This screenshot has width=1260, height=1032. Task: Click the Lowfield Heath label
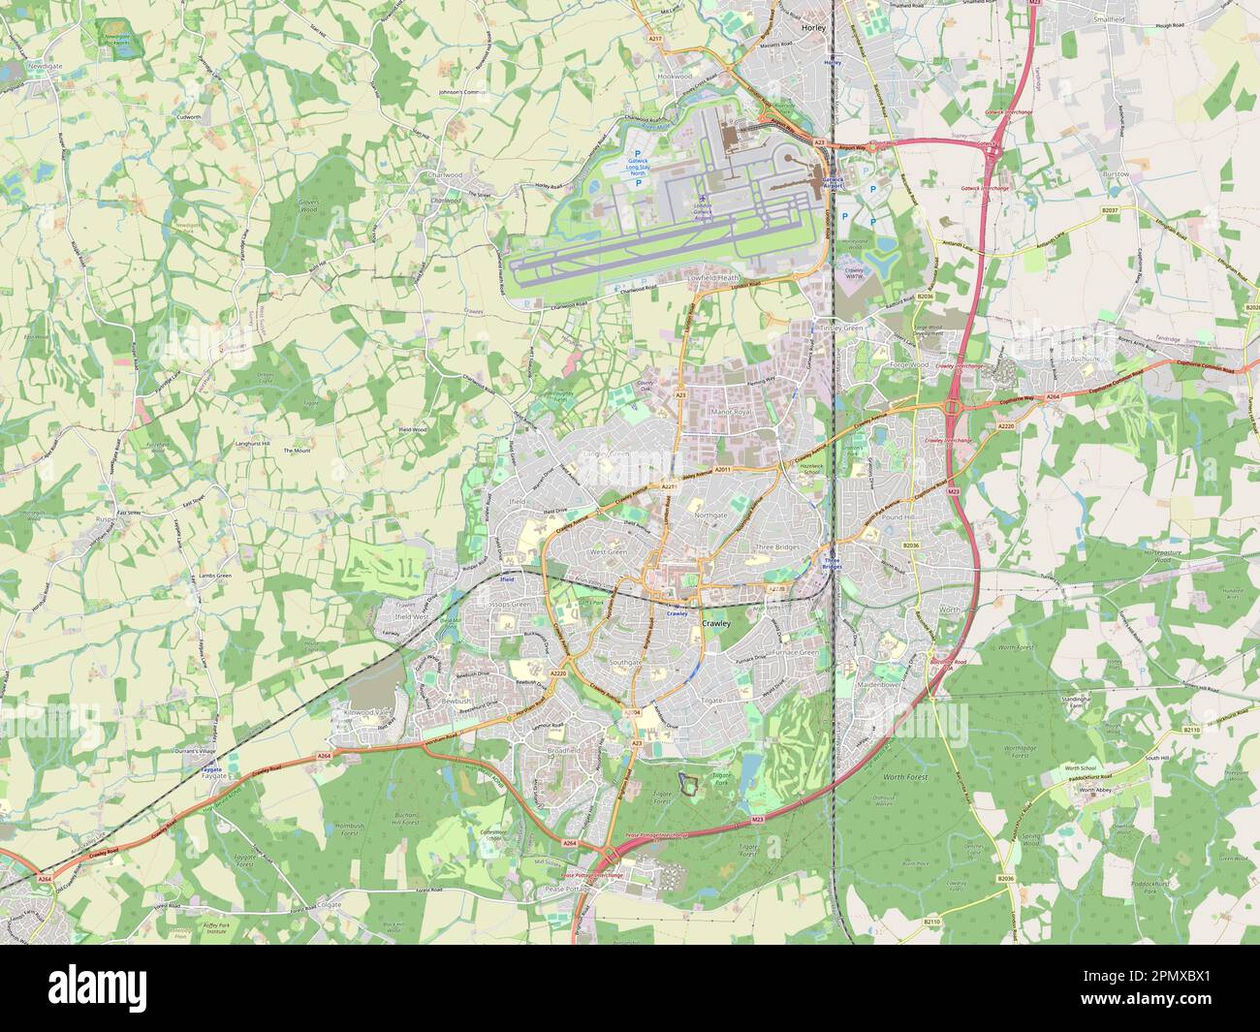click(714, 277)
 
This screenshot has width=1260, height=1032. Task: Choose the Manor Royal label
click(732, 413)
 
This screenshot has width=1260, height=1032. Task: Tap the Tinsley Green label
click(840, 328)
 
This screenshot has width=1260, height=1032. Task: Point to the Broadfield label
click(562, 750)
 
